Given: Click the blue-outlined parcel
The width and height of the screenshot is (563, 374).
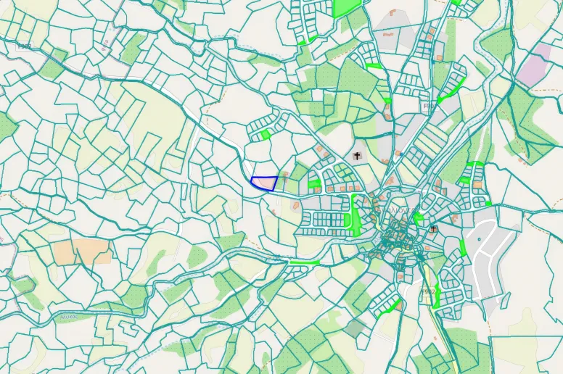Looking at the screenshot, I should click(265, 183).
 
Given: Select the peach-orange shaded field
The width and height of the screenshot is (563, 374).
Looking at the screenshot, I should click(82, 252).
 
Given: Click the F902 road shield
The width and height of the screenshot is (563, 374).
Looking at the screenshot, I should click(429, 291).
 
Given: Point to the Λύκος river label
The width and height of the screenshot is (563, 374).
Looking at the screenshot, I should click(69, 317).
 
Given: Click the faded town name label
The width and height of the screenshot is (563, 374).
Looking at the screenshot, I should click(401, 209).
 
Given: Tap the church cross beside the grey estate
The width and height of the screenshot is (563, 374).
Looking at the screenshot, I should click(434, 229).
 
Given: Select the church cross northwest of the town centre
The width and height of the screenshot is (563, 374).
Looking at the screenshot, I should click(357, 155).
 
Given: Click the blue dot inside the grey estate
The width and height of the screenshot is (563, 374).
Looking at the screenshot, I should click(478, 237).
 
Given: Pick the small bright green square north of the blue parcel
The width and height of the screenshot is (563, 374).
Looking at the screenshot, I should click(266, 134).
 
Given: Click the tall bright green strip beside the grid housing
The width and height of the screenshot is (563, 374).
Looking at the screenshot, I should click(355, 213).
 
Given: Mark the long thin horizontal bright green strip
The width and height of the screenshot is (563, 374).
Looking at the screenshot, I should click(304, 262).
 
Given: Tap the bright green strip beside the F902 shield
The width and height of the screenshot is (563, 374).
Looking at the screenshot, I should click(437, 298).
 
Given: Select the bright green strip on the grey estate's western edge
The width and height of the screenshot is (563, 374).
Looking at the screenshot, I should click(463, 247).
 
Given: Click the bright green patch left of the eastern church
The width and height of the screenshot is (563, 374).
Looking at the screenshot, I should click(419, 217).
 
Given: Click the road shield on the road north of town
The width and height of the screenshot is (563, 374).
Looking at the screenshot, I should click(428, 106).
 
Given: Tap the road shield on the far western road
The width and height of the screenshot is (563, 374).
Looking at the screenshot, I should click(24, 46).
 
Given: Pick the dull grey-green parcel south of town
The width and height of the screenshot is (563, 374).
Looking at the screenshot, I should click(354, 328).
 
